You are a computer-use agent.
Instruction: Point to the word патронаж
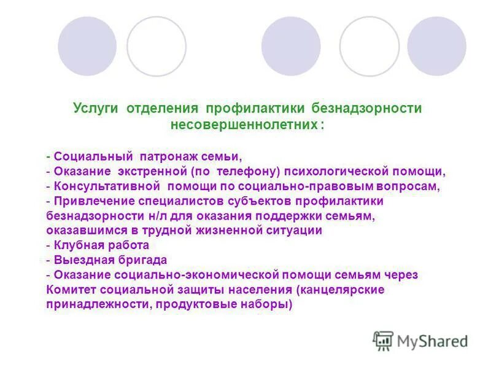coord(166,156)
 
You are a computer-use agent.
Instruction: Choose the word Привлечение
coord(91,201)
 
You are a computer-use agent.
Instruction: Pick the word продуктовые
coord(203,304)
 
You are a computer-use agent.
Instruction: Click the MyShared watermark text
coord(432,340)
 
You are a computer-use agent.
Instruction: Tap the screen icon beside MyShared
coord(383,341)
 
